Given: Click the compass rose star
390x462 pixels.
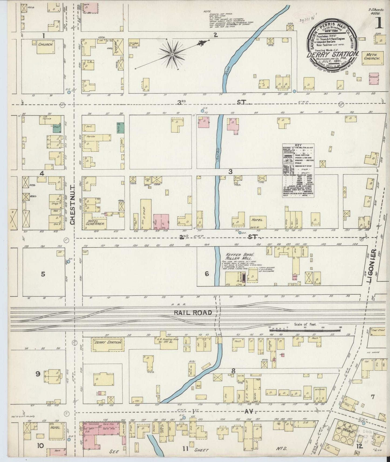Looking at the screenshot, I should pos(172,55).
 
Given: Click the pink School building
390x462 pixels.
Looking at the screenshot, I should pos(374,76).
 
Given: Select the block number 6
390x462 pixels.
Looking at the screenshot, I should pos(207,274).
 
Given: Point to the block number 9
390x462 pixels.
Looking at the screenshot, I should pos(38,374).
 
